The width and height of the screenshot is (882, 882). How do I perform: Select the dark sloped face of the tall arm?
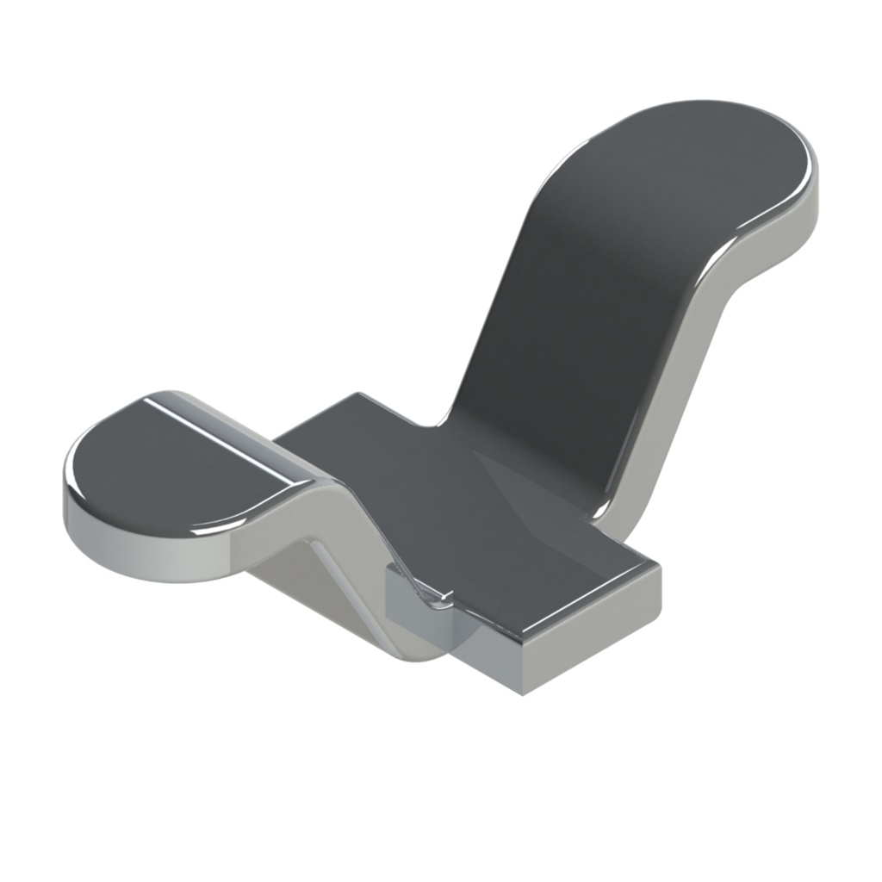tap(568, 327)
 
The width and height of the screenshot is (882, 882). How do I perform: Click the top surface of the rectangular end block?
tap(568, 586)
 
